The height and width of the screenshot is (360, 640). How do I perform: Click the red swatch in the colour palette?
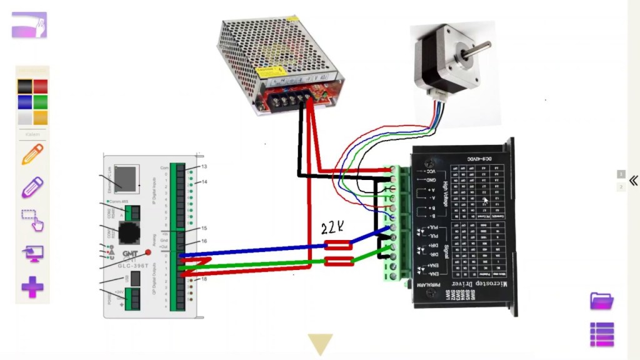(40, 87)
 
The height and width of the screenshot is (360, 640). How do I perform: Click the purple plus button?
(32, 287)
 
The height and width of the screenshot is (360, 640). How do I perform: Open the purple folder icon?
(602, 301)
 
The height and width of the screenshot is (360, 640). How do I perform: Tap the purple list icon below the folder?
(602, 334)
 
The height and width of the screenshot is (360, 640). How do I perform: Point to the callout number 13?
(204, 167)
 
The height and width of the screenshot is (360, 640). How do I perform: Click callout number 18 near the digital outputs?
(204, 279)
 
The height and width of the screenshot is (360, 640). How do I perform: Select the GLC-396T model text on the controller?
(133, 266)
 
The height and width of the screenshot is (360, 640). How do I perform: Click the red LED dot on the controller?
(148, 252)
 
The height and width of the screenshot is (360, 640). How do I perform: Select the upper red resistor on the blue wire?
(339, 246)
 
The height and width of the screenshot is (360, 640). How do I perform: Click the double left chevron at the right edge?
(633, 180)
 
